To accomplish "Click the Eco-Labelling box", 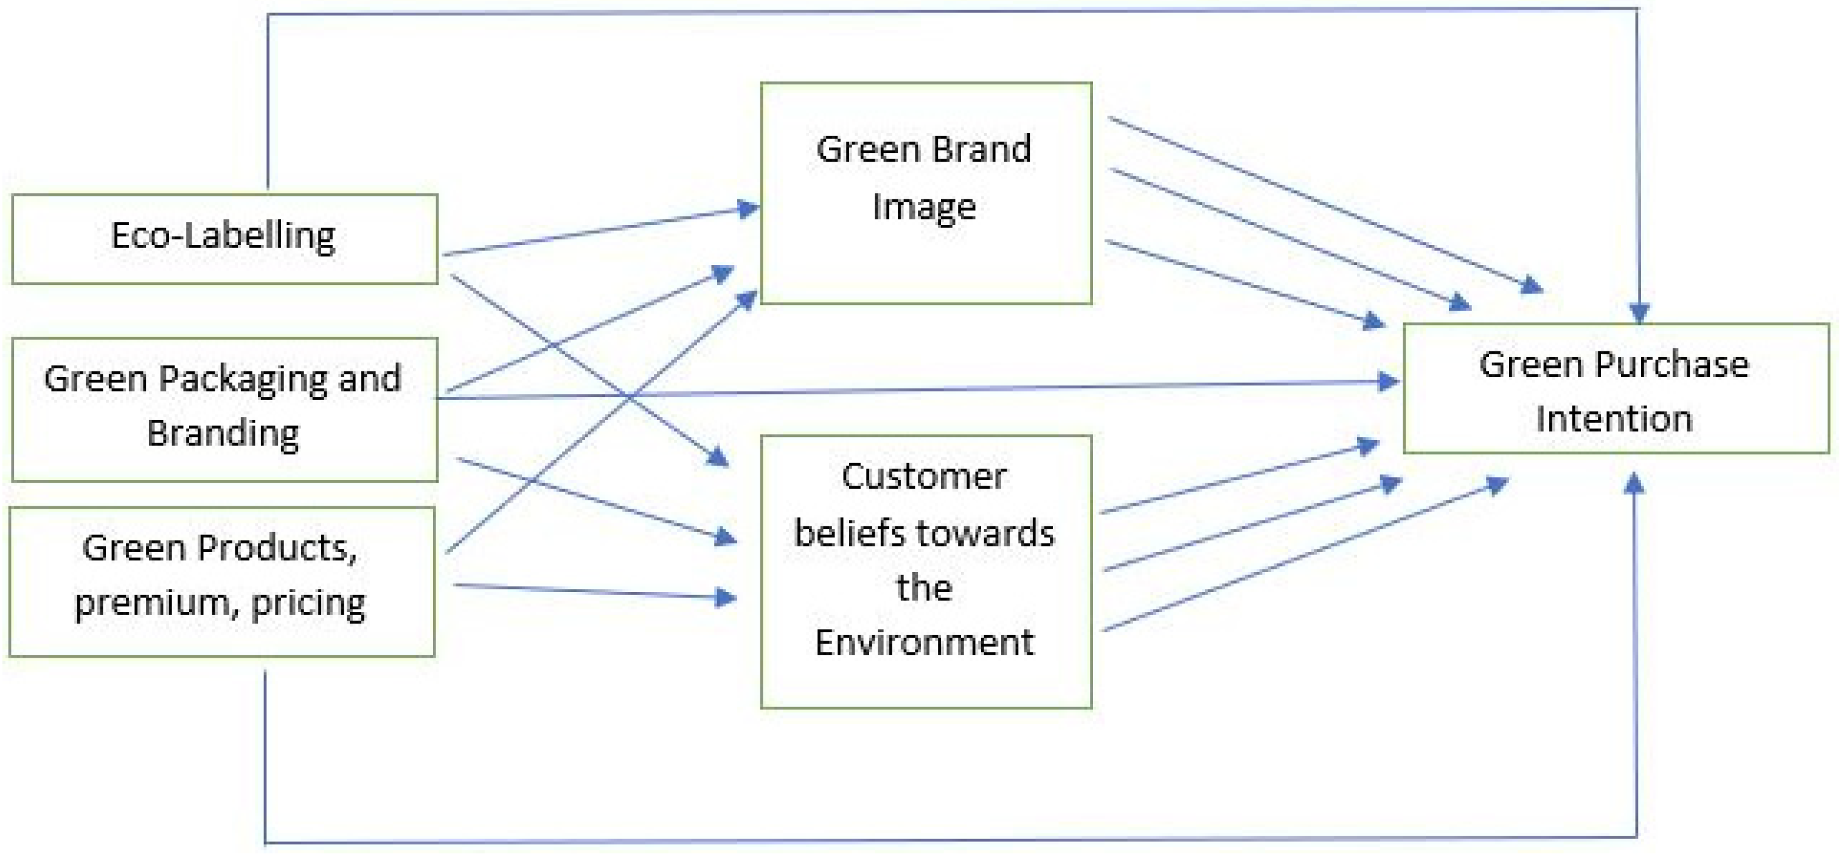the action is (x=224, y=238).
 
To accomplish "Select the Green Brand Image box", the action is (x=926, y=193).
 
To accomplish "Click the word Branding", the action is (x=223, y=433).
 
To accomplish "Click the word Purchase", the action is (x=1672, y=365).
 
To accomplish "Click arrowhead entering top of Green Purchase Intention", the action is (x=1639, y=314).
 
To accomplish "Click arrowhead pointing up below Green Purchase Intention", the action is (x=1634, y=483).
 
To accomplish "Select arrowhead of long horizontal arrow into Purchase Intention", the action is (x=1389, y=381).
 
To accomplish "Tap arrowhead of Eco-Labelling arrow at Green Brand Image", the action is (x=749, y=208).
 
